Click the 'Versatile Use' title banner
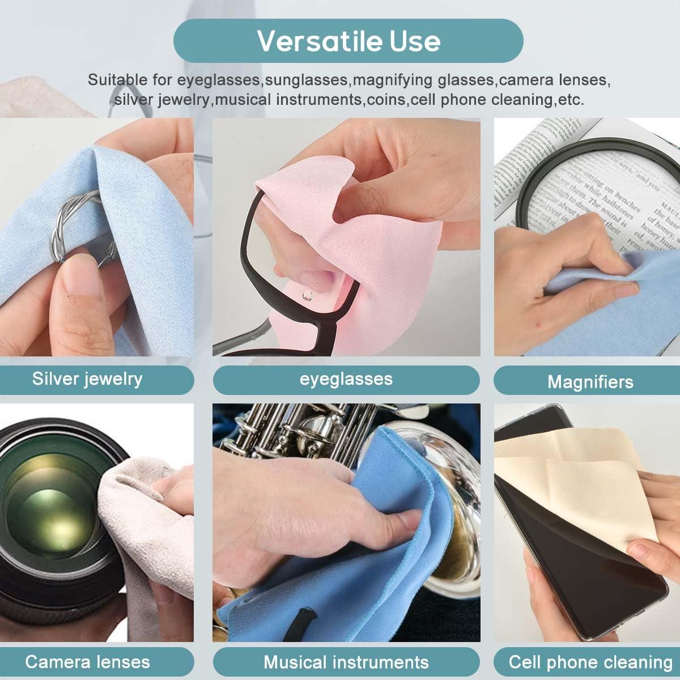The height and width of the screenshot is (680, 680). (x=348, y=41)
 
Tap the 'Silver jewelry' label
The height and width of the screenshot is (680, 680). (x=87, y=379)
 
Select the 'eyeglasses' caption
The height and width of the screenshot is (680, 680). (x=346, y=379)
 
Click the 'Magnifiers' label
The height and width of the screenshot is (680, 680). (x=590, y=382)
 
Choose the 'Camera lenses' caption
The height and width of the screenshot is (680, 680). (x=87, y=661)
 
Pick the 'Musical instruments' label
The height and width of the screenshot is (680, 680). (x=346, y=662)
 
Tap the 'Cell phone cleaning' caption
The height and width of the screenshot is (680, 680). (x=590, y=662)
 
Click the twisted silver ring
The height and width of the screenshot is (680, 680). (x=74, y=227)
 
